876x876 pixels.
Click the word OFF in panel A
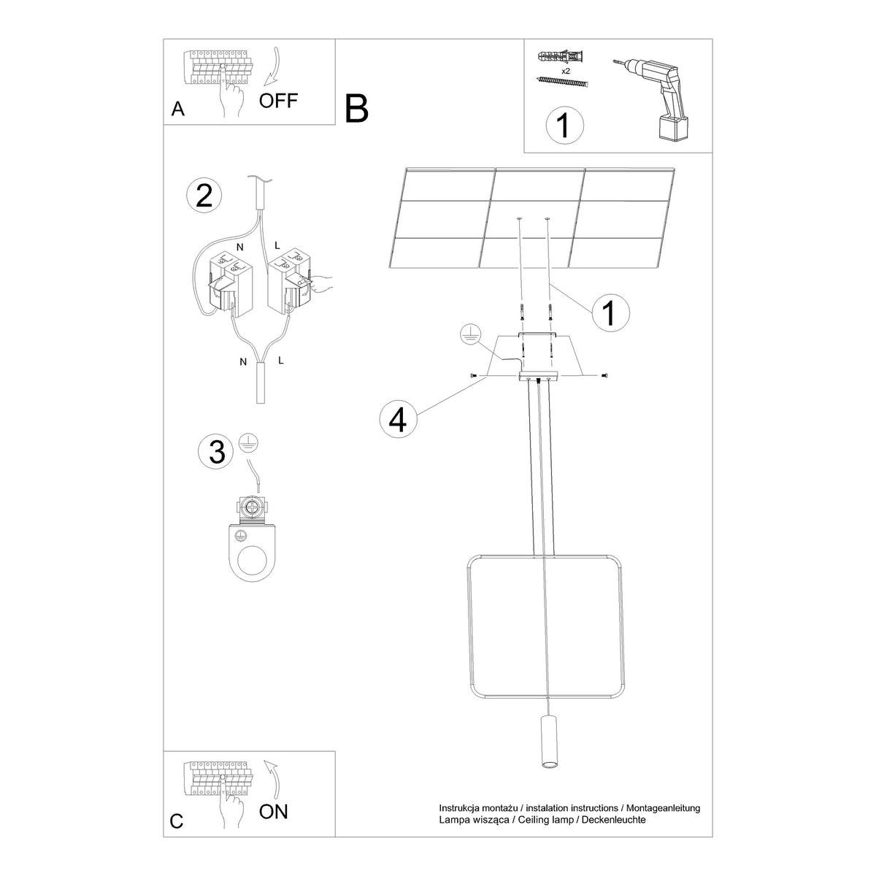coord(278,101)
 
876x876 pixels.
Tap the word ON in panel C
coord(274,812)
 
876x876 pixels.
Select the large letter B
coord(356,109)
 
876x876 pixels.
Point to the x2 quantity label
coord(566,71)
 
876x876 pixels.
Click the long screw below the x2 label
coord(564,82)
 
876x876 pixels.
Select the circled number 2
coord(204,196)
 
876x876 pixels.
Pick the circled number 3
coord(216,452)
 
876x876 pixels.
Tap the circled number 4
coord(399,419)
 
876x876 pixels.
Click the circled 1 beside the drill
coord(564,125)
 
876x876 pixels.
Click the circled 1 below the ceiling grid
coord(610,312)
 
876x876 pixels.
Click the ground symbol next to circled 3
coord(248,443)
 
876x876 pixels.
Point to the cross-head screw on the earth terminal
coord(250,507)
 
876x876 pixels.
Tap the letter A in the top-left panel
coord(177,109)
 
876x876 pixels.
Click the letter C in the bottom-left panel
coord(177,821)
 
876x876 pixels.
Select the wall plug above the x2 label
coord(561,57)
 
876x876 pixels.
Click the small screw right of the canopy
coord(604,375)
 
